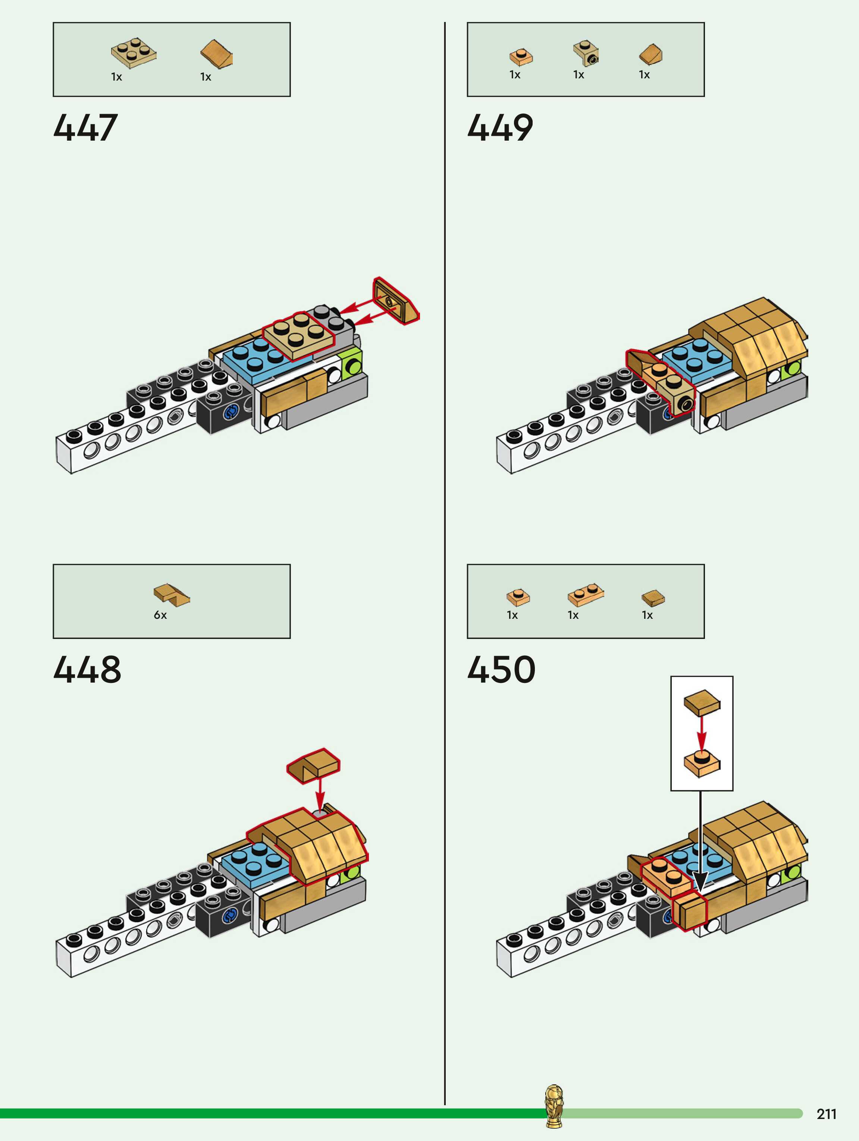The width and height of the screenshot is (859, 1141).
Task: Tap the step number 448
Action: click(x=87, y=670)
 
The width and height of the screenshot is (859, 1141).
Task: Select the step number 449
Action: click(x=500, y=128)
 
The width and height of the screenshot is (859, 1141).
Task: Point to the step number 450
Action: click(x=501, y=670)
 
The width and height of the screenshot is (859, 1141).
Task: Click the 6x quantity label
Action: click(x=160, y=615)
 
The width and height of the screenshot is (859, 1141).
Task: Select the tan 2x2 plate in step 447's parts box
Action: click(x=134, y=53)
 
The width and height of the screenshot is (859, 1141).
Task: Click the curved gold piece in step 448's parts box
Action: click(x=171, y=594)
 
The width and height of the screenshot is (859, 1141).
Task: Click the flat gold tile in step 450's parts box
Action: click(x=653, y=598)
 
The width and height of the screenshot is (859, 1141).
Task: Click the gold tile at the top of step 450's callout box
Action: click(x=702, y=703)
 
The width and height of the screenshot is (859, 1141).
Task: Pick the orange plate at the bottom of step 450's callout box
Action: click(x=701, y=764)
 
